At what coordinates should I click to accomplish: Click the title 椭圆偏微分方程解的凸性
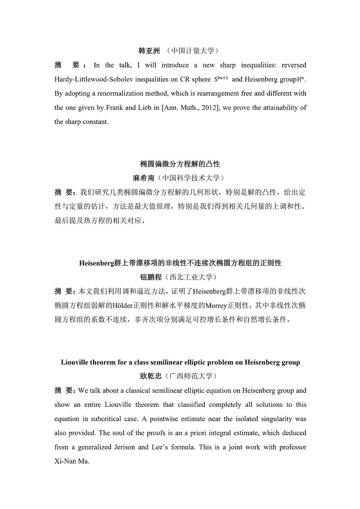point(180,163)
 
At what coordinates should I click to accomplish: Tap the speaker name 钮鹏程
point(152,277)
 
